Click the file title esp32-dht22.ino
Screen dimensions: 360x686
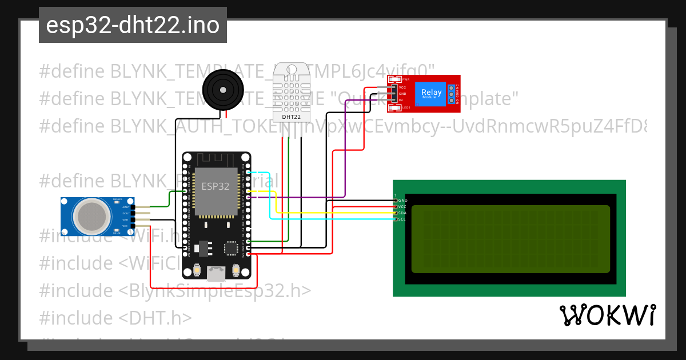coord(133,26)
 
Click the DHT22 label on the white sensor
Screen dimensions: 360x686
coord(292,117)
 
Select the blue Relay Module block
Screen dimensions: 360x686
coord(431,93)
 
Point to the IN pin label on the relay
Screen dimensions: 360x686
coord(401,100)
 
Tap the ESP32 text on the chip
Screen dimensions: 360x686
coord(215,186)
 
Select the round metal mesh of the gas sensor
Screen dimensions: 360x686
coord(92,216)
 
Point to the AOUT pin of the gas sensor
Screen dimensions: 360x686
coord(126,207)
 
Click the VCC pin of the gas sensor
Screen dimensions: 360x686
coord(126,226)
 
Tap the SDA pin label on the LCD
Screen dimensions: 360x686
coord(402,213)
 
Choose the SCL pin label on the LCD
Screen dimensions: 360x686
coord(402,219)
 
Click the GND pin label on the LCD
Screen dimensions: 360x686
coord(402,201)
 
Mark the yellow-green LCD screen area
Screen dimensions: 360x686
coord(510,238)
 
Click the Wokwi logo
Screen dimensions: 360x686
coord(608,315)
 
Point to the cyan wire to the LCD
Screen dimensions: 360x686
coord(332,219)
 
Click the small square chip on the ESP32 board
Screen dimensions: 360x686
coord(231,248)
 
